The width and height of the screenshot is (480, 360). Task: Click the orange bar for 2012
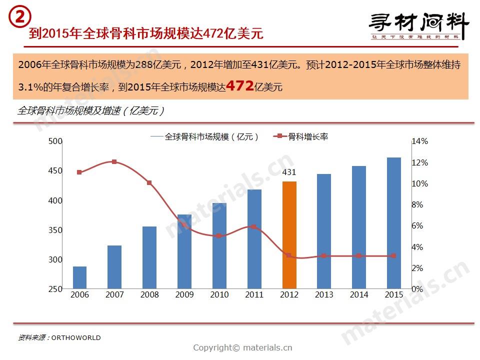coord(289,235)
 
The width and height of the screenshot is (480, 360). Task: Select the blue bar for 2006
coord(79,277)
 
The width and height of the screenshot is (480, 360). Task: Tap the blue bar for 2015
coord(394,223)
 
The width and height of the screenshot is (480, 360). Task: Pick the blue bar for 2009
coord(184,251)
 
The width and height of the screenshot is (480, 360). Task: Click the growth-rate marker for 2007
coord(114,162)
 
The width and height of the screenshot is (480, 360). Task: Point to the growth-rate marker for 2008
coord(149,183)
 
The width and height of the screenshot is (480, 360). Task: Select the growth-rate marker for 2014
coord(359,256)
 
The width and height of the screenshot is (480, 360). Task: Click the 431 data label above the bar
coord(289,172)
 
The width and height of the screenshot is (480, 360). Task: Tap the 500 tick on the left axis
coord(55,141)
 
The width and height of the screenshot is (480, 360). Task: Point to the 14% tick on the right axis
coord(420,141)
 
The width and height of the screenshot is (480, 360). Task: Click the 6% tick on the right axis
coord(417,226)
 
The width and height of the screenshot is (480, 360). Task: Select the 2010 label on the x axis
coord(219,295)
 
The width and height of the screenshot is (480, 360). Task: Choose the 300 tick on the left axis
coord(55,259)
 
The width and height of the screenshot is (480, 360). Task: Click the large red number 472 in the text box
coord(239,85)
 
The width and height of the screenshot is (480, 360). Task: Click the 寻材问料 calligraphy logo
coord(419,25)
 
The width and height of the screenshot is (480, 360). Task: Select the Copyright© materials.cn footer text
coord(242,348)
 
